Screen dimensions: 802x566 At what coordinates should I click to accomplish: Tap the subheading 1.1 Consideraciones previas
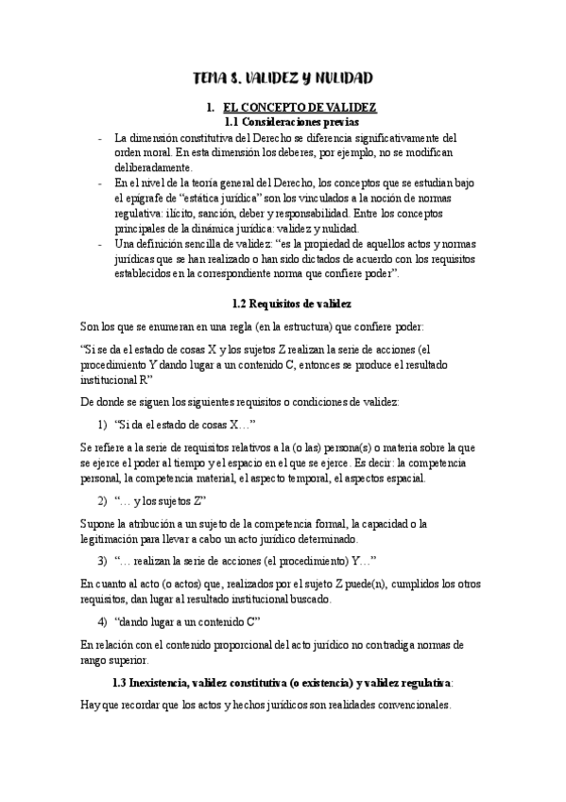click(283, 122)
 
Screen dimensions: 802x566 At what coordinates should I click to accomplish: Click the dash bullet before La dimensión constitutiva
click(101, 137)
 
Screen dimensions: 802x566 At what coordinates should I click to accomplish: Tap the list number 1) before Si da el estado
click(103, 426)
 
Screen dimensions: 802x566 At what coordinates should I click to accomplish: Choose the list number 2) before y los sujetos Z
click(103, 500)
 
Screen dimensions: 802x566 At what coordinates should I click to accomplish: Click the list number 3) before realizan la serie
click(103, 560)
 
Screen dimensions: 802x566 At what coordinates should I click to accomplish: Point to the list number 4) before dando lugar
click(103, 620)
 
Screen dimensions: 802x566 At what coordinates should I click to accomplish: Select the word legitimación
click(119, 538)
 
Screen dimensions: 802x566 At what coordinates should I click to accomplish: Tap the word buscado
click(310, 599)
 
